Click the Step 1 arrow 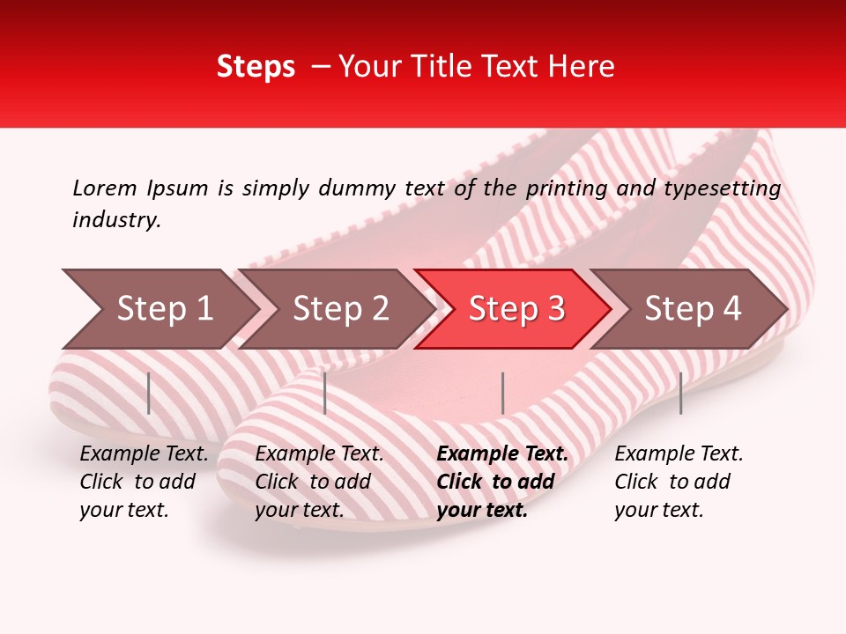click(x=159, y=309)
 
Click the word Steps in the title click(x=256, y=67)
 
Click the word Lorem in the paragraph click(x=105, y=188)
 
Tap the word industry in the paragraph click(x=116, y=220)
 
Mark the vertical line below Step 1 click(x=149, y=394)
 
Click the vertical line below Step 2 click(x=325, y=394)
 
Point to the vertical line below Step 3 click(x=502, y=394)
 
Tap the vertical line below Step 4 click(x=680, y=394)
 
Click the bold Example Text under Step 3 click(x=502, y=454)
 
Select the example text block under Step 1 click(x=144, y=482)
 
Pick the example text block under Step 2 click(x=319, y=482)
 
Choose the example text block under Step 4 click(x=679, y=482)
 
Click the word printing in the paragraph click(x=560, y=188)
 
